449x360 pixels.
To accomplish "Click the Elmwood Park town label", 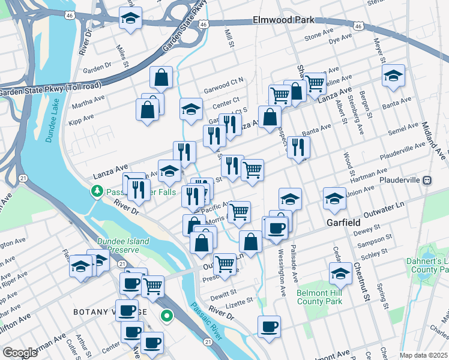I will coord(283,20).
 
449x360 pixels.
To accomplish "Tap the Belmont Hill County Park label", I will coord(319,297).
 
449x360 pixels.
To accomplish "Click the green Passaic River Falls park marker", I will coord(96,191).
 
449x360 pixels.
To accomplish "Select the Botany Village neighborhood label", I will coord(110,312).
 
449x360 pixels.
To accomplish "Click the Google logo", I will coord(20,353).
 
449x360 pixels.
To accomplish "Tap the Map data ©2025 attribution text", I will coord(423,355).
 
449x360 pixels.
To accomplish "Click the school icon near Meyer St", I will coord(393,76).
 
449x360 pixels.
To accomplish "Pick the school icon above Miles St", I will coord(130,19).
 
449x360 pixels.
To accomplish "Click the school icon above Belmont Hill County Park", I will coord(340,274).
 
